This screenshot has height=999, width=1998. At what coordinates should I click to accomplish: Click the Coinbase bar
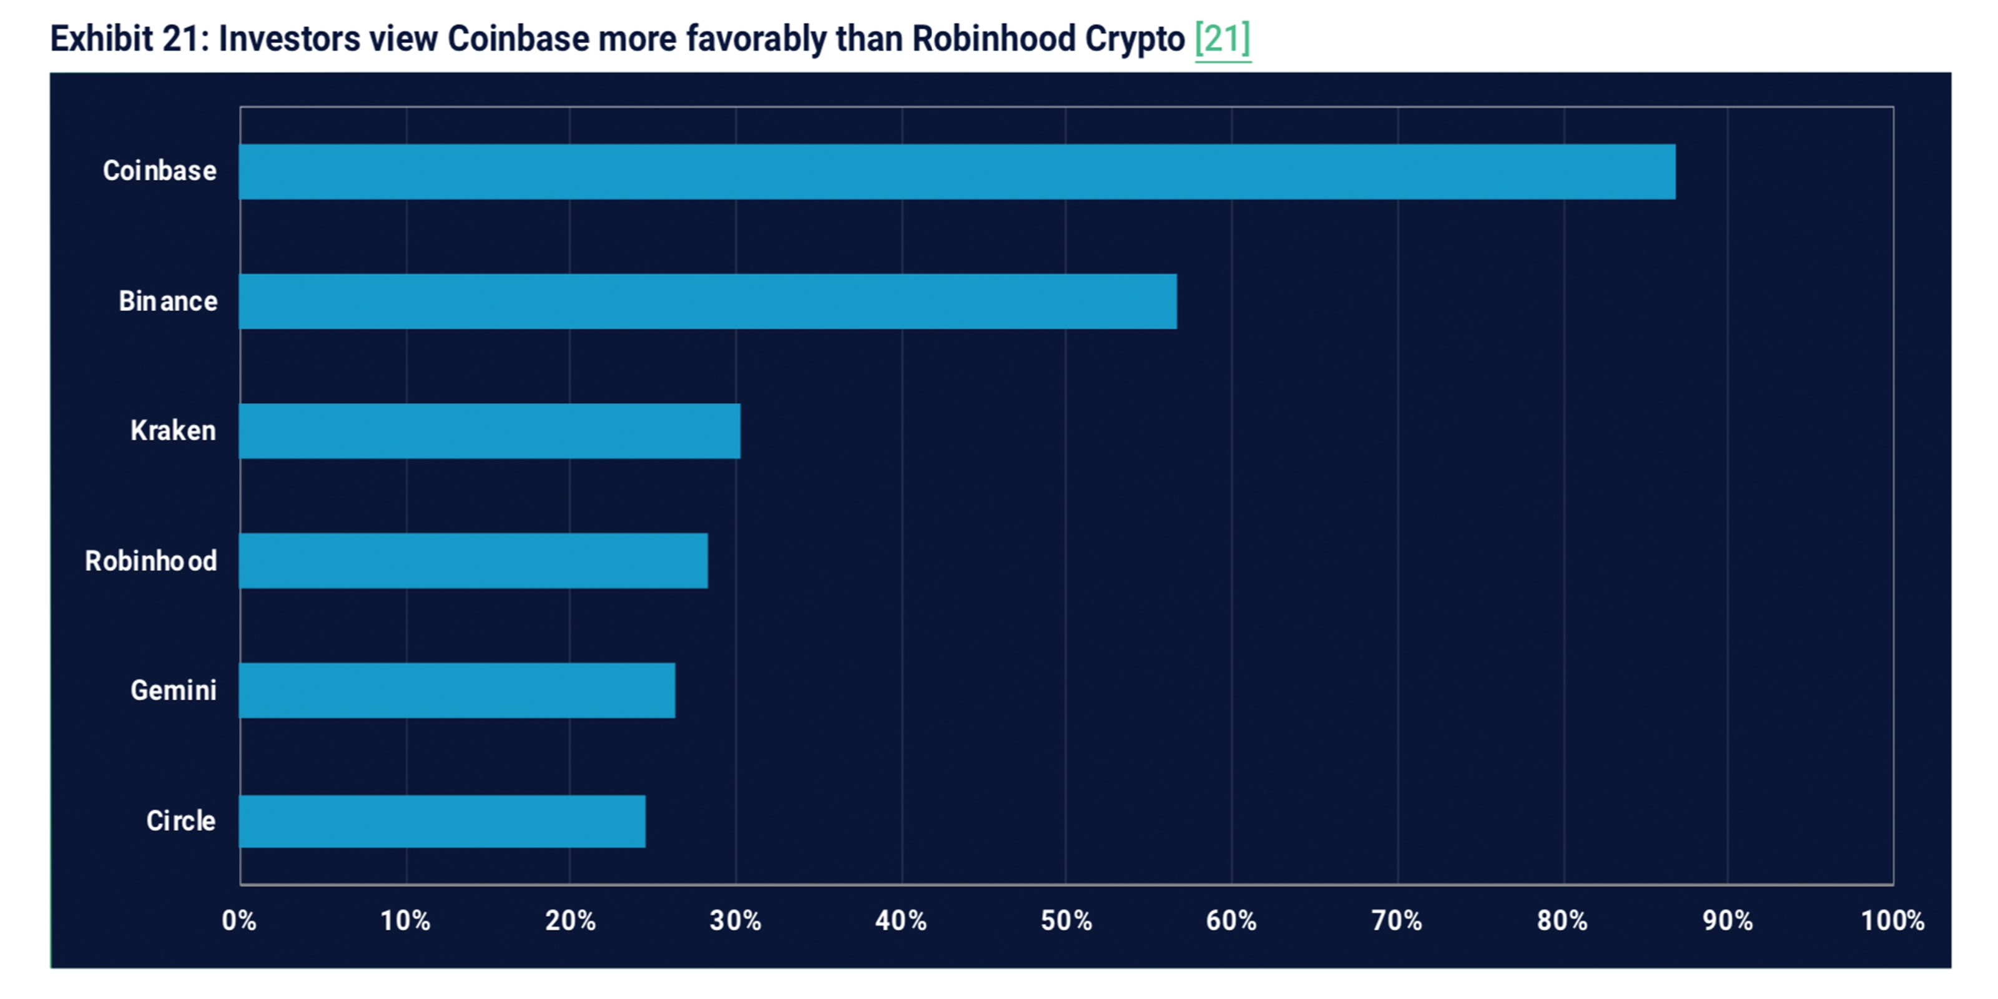[957, 172]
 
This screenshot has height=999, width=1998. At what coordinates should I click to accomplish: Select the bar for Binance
[707, 301]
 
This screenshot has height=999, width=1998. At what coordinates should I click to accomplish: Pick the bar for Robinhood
[473, 560]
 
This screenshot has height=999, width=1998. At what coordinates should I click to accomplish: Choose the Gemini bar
[457, 691]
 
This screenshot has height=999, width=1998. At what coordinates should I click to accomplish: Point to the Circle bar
[442, 820]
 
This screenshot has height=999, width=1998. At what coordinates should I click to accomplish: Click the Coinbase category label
[160, 170]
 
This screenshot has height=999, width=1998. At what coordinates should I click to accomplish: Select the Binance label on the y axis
[167, 301]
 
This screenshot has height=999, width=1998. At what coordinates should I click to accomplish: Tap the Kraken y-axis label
[173, 430]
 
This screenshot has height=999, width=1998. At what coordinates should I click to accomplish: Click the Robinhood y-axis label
[150, 561]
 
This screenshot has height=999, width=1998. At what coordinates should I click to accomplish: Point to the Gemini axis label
[173, 691]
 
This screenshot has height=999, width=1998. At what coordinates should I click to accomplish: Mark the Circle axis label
[180, 820]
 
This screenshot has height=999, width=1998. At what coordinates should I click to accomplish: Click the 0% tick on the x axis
[239, 921]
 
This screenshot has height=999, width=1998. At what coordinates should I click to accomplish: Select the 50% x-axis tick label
[1066, 921]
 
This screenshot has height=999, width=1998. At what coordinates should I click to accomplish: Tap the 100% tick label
[1892, 921]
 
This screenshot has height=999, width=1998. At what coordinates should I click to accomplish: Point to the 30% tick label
[736, 921]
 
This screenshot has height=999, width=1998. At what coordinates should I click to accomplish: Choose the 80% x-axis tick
[1562, 921]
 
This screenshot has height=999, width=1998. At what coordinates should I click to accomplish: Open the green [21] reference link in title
[1223, 39]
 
